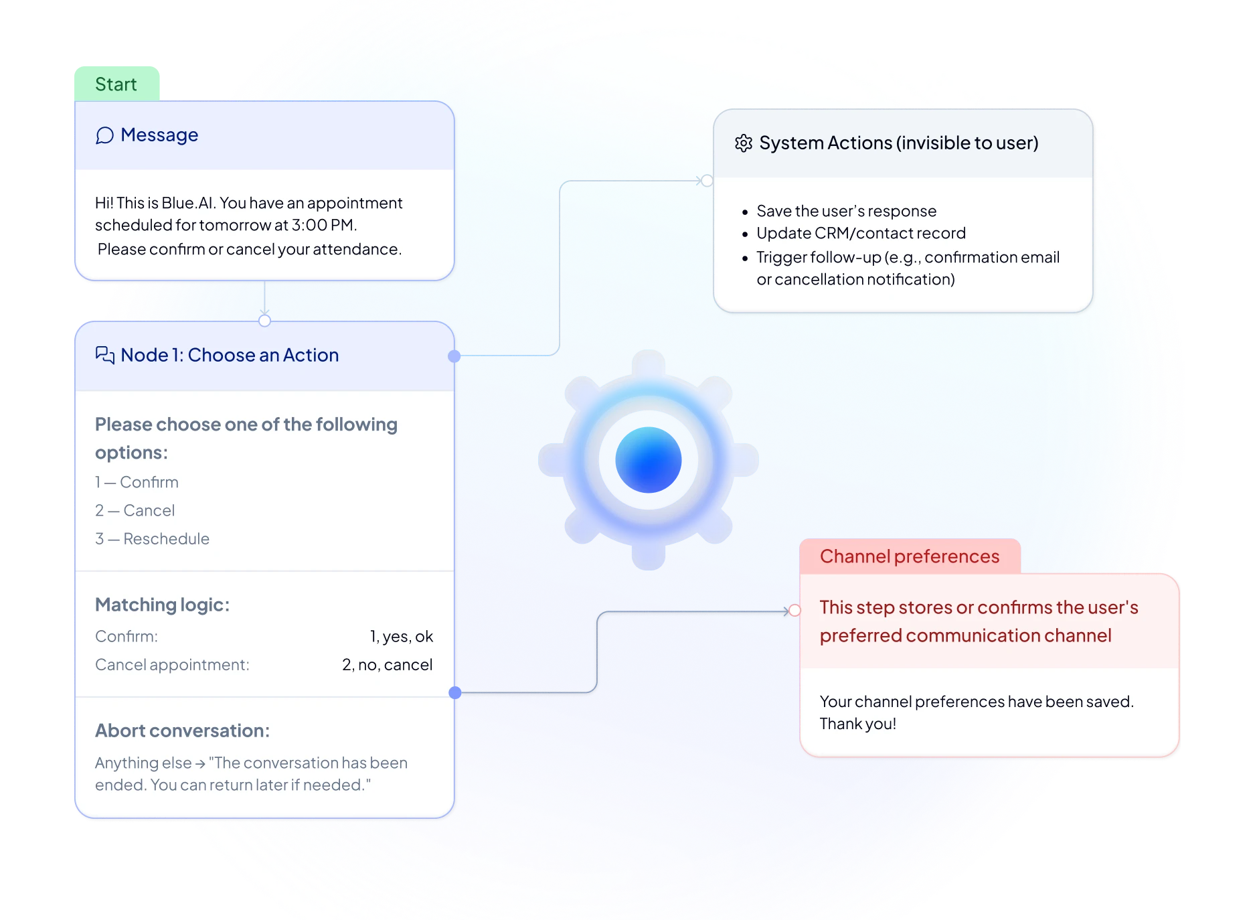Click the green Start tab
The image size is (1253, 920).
point(116,84)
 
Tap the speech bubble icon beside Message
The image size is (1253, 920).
point(104,135)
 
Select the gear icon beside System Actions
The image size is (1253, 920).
point(744,143)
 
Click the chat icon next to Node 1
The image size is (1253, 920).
point(105,355)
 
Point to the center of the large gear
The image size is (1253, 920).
point(648,460)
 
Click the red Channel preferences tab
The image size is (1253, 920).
point(909,556)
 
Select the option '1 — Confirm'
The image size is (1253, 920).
point(137,482)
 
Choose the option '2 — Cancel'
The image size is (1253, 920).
point(135,510)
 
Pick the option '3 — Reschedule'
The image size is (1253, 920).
point(152,539)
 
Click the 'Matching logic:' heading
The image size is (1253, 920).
point(162,605)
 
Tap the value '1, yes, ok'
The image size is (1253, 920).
point(401,636)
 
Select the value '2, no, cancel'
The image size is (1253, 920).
point(387,665)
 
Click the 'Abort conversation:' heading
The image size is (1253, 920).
point(182,731)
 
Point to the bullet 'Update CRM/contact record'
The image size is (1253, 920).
point(861,233)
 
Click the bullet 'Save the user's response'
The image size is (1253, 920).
point(846,211)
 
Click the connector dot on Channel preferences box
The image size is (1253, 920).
point(795,610)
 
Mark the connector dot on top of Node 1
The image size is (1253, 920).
point(265,321)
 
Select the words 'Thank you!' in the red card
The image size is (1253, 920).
point(857,724)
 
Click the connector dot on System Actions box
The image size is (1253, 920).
point(707,181)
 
